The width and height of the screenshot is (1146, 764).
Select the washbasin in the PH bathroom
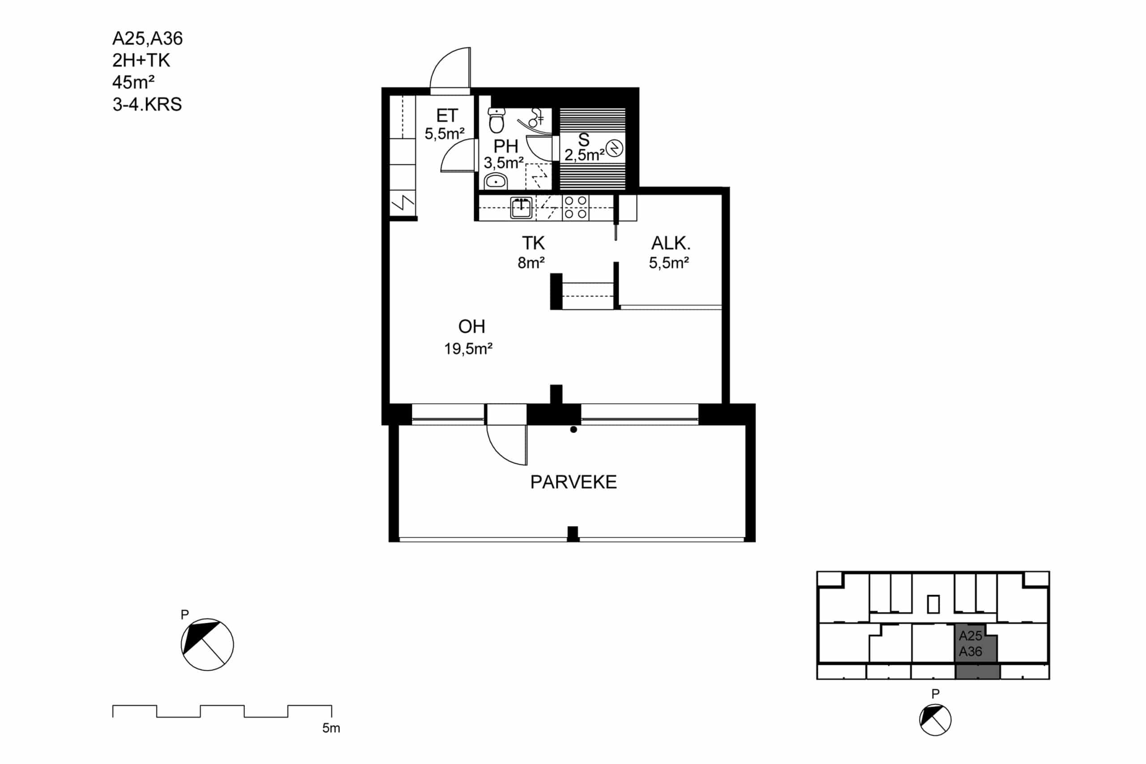(496, 181)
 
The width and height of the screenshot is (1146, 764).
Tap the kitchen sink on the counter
(521, 208)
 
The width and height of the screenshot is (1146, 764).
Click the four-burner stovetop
(575, 208)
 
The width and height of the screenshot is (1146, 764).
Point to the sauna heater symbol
(615, 148)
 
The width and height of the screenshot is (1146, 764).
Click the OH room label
(471, 326)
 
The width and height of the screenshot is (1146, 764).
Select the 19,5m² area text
(468, 349)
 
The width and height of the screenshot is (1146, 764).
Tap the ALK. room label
(671, 243)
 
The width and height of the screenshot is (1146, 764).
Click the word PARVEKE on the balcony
(573, 482)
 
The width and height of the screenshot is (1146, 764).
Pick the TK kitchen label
(533, 243)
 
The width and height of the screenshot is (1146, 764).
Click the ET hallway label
(447, 116)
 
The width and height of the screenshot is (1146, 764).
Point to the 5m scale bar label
(331, 728)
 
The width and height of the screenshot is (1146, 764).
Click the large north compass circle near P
(207, 644)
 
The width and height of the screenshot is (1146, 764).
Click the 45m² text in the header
(133, 82)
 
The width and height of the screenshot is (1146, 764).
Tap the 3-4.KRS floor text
(147, 104)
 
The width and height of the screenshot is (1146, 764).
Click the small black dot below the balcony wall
(573, 429)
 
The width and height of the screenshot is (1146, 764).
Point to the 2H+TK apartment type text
(141, 60)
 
